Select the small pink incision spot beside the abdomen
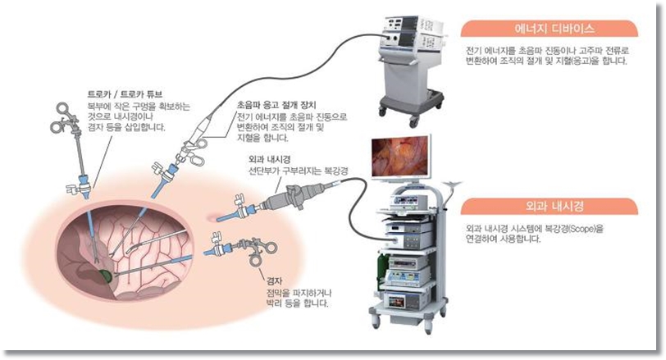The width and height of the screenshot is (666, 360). (215, 218)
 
